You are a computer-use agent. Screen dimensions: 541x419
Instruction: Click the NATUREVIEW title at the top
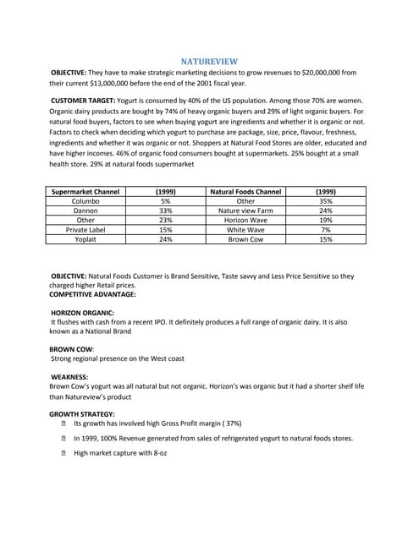pyautogui.click(x=209, y=61)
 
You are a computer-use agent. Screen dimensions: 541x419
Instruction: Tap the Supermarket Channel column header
pyautogui.click(x=85, y=191)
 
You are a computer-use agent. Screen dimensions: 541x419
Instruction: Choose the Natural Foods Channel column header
pyautogui.click(x=245, y=191)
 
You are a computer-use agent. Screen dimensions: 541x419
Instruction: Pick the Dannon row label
pyautogui.click(x=85, y=210)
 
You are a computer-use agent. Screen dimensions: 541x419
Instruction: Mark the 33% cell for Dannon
pyautogui.click(x=166, y=210)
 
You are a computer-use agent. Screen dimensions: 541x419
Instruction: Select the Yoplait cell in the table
pyautogui.click(x=85, y=239)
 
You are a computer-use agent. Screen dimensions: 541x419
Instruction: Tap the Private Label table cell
pyautogui.click(x=85, y=229)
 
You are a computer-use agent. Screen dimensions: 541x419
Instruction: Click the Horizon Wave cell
pyautogui.click(x=245, y=219)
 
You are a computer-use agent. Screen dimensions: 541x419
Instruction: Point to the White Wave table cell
pyautogui.click(x=245, y=229)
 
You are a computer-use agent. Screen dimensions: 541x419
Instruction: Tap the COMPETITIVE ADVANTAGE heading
pyautogui.click(x=92, y=294)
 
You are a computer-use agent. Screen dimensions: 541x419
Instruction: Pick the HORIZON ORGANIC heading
pyautogui.click(x=84, y=313)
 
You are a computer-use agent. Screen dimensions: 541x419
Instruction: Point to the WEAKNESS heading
pyautogui.click(x=69, y=376)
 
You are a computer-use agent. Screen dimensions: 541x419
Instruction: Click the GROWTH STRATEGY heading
pyautogui.click(x=82, y=413)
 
